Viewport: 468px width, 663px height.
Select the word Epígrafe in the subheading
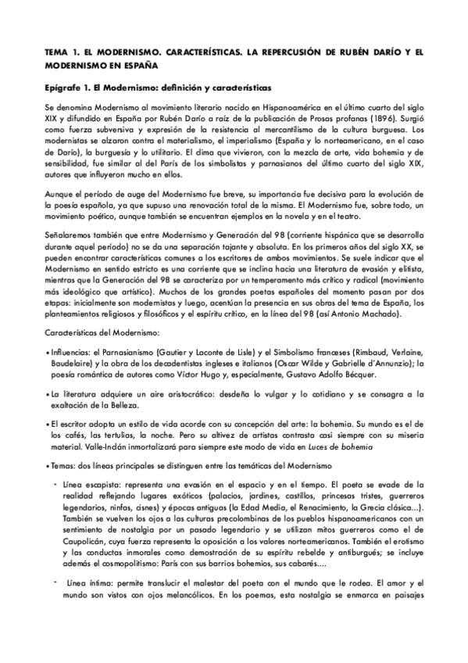(61, 88)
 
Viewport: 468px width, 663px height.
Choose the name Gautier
(174, 352)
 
